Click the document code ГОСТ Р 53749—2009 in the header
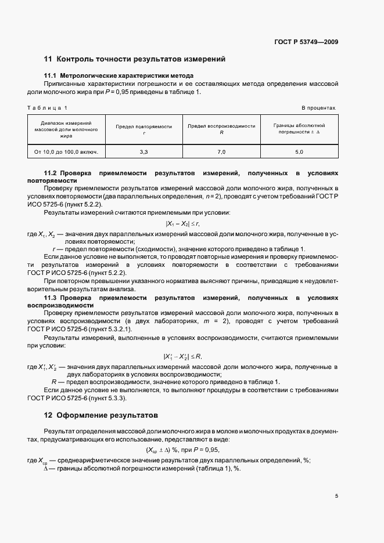coord(306,42)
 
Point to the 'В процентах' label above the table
coord(318,108)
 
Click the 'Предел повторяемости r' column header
coord(143,129)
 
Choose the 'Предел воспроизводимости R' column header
coord(221,129)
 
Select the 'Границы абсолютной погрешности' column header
coord(299,129)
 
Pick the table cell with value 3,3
coord(143,152)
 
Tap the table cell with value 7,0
coord(221,152)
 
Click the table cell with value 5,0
coord(299,152)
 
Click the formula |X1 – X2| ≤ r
coord(183,223)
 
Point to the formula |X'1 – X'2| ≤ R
coord(183,356)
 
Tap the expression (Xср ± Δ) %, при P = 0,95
coord(182,450)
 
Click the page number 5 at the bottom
coord(336,496)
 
